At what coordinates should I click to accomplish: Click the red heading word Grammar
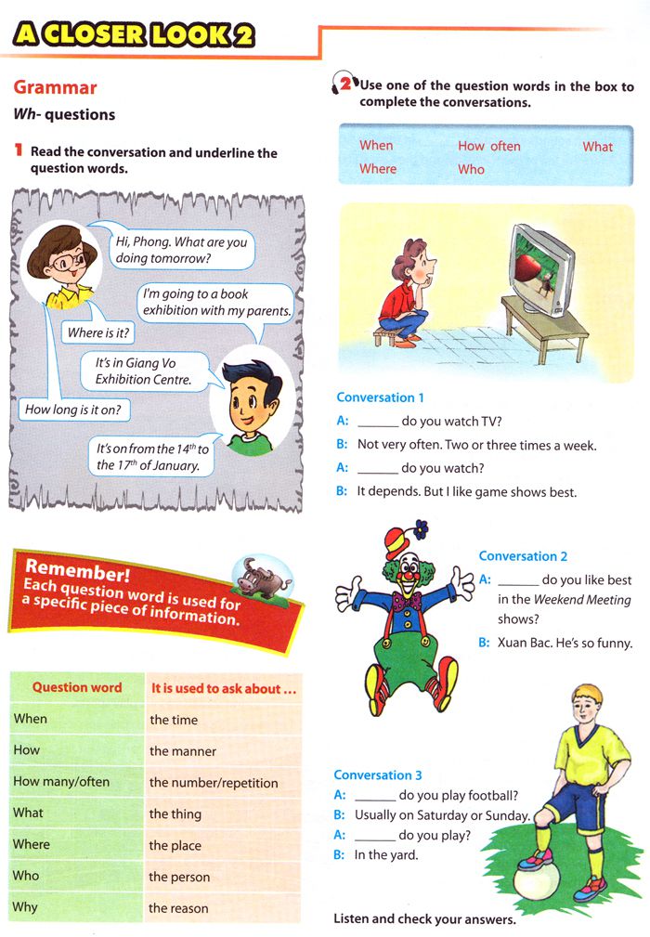click(x=55, y=88)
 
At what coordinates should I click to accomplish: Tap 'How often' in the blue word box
click(x=488, y=146)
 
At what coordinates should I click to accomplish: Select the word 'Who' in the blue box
click(x=471, y=169)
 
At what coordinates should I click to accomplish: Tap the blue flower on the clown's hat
click(x=422, y=530)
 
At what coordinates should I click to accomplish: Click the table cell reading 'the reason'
click(x=179, y=908)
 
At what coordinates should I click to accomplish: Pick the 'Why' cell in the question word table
click(x=26, y=907)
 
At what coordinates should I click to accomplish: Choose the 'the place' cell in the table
click(x=175, y=845)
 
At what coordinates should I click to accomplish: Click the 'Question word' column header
click(x=77, y=688)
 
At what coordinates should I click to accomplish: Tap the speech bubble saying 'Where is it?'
click(x=98, y=332)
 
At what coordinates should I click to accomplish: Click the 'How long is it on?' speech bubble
click(x=72, y=409)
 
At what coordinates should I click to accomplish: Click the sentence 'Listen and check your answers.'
click(x=424, y=919)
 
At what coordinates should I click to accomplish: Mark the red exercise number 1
click(x=18, y=150)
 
